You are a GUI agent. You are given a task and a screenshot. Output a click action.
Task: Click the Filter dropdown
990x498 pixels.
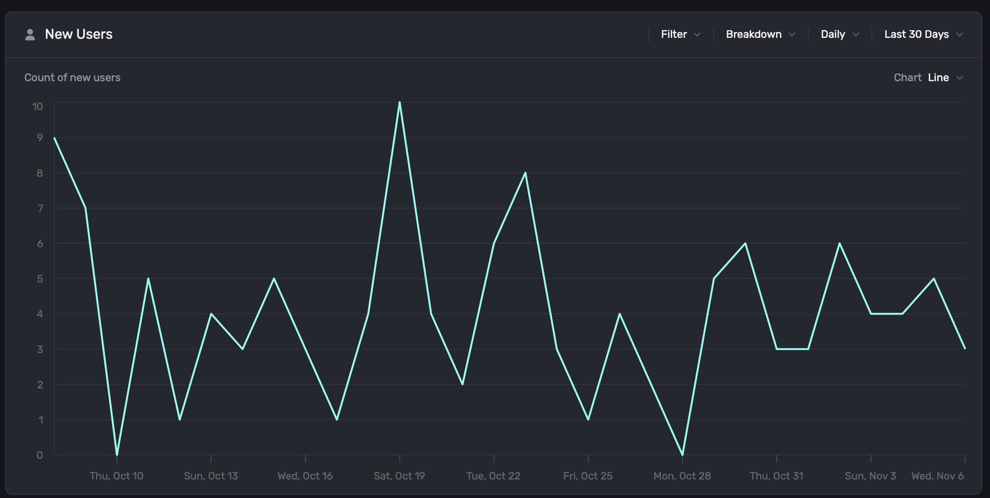pos(680,34)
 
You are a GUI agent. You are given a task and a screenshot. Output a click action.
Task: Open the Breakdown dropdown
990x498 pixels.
pos(760,34)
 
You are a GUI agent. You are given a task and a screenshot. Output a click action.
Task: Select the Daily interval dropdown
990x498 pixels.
pos(839,34)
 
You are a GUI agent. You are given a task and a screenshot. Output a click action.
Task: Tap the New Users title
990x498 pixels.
pos(79,34)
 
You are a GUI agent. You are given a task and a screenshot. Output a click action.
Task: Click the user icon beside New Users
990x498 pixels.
pos(30,35)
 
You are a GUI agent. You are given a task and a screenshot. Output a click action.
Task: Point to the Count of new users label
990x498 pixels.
pos(72,78)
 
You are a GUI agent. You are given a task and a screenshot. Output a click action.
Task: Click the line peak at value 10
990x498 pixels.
pos(399,102)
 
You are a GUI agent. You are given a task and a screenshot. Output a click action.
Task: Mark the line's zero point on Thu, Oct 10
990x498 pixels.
pos(117,454)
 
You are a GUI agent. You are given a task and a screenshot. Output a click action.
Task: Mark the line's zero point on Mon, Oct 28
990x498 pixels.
pos(682,454)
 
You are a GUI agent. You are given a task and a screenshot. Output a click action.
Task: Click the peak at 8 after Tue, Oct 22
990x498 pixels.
pos(525,173)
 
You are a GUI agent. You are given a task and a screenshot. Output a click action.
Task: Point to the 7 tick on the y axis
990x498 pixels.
pos(40,208)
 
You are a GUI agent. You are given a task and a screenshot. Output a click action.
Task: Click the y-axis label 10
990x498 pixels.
pos(37,106)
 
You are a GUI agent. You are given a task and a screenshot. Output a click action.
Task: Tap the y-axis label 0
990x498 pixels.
pos(40,455)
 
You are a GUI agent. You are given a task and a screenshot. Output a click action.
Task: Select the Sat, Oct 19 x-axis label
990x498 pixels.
pos(399,476)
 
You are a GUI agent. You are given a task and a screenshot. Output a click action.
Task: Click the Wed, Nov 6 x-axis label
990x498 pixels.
pos(937,476)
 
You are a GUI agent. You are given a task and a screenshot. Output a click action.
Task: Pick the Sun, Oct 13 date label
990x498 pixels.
pos(211,476)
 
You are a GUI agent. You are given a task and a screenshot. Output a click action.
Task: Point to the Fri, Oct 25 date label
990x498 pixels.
pos(587,476)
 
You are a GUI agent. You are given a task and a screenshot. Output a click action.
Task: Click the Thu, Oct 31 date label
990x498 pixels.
pos(776,476)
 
